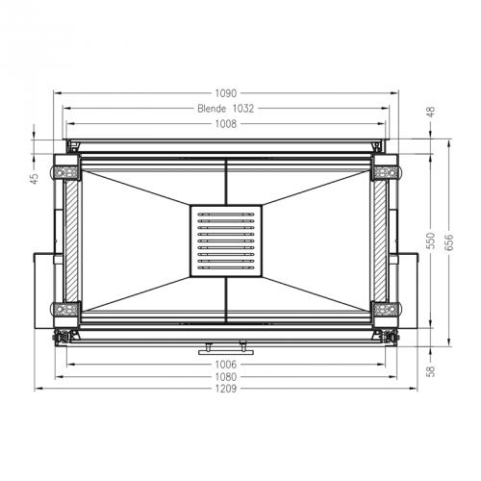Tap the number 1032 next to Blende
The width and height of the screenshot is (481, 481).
(x=243, y=109)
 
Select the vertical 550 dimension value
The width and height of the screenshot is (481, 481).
(x=432, y=237)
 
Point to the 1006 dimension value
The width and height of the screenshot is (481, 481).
(x=225, y=365)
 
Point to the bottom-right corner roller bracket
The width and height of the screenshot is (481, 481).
(x=385, y=310)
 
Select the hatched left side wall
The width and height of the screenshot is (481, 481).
(x=71, y=240)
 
